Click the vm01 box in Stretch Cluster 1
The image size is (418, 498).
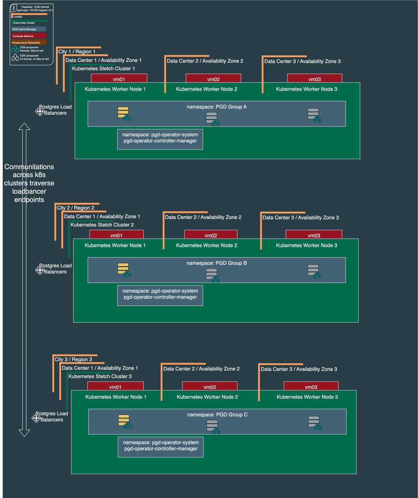pyautogui.click(x=119, y=79)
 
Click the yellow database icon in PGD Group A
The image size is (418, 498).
pyautogui.click(x=123, y=112)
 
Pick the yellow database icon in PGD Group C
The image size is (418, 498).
pyautogui.click(x=124, y=420)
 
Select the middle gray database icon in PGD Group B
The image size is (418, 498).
pyautogui.click(x=212, y=274)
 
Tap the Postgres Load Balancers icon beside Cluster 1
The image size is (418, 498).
pyautogui.click(x=40, y=111)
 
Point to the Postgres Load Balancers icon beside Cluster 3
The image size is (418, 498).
pyautogui.click(x=36, y=418)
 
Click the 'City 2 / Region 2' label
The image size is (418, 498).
pyautogui.click(x=75, y=208)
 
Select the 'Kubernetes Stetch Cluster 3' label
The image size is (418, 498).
pyautogui.click(x=100, y=376)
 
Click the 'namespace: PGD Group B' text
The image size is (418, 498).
pyautogui.click(x=216, y=263)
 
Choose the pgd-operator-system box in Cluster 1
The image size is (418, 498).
pyautogui.click(x=160, y=139)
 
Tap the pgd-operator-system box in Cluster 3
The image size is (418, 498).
pyautogui.click(x=161, y=447)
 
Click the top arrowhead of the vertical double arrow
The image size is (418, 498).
pyautogui.click(x=24, y=127)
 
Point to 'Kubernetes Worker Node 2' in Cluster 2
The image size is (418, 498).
pyautogui.click(x=206, y=245)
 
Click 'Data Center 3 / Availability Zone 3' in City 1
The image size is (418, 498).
pyautogui.click(x=302, y=61)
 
